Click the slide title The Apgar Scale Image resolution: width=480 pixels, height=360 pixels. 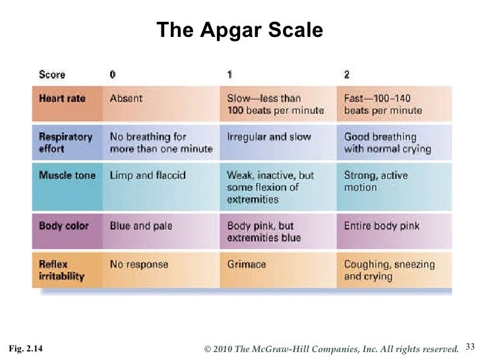pos(240,30)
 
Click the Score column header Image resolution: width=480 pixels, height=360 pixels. pos(52,75)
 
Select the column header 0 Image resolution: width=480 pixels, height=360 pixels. pos(113,75)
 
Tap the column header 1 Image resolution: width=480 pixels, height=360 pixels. pos(229,75)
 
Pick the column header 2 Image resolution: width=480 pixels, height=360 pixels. pos(347,75)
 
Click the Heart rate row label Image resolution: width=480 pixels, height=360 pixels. pos(62,98)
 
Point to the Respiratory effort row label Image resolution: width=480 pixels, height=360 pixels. pos(65,142)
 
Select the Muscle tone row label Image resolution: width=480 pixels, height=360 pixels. pos(67,175)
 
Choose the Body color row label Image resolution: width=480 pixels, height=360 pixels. pos(64,225)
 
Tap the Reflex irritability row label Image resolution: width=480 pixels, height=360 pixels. pos(61,270)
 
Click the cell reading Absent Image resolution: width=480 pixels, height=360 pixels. pos(126,98)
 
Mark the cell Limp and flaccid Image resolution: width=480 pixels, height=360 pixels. pos(148,175)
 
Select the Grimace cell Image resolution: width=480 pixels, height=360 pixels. pos(246,264)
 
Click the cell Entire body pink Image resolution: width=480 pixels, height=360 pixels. pos(382,225)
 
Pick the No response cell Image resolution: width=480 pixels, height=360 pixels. pos(138,264)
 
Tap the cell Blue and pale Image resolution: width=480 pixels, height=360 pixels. pos(140,225)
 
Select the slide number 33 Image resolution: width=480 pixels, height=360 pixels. pos(469,345)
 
